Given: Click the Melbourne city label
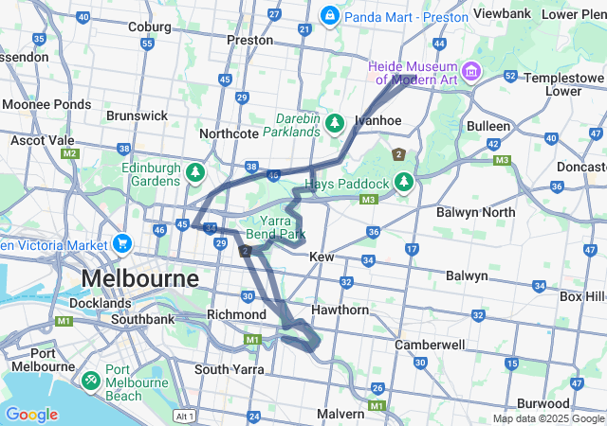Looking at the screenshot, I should (x=140, y=279).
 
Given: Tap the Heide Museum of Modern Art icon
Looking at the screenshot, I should (x=469, y=71).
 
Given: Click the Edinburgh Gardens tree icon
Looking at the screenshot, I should (x=195, y=172).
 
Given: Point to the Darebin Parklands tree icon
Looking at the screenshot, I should (x=335, y=124).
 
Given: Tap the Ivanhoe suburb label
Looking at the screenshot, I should (x=379, y=120).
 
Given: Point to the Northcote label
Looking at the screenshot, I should (x=229, y=133).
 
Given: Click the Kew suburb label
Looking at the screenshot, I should (x=322, y=257).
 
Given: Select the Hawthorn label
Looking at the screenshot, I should (x=340, y=310).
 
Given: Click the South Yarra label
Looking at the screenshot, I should (x=229, y=369).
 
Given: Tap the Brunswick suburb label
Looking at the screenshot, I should (x=137, y=115).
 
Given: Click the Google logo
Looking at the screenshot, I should (x=31, y=415).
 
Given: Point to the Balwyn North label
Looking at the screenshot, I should (x=475, y=212).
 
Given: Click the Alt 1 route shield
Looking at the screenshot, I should (x=185, y=416).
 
